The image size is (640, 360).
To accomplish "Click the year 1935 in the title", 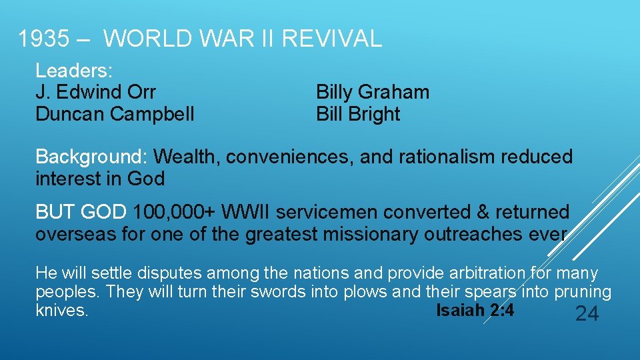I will click(45, 39).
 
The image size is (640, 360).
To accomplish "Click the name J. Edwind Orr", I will click(95, 92).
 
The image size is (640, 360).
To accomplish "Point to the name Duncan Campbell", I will click(115, 114).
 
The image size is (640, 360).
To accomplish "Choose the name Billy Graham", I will click(372, 92).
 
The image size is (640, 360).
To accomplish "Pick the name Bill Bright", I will click(357, 114).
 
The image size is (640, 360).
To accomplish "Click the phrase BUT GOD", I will click(81, 213).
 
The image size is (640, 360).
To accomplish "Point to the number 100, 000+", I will click(175, 213).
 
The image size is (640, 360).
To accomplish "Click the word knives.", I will click(61, 311).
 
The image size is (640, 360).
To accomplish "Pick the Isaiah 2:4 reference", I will click(475, 311).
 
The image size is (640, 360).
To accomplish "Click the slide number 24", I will click(587, 314).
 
